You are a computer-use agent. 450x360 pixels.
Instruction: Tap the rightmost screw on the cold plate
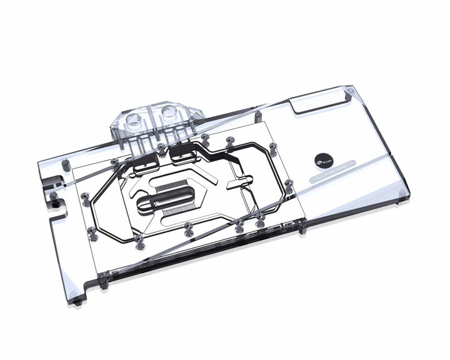coord(288,183)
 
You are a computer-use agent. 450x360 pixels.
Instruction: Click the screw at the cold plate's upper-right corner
coord(273,147)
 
